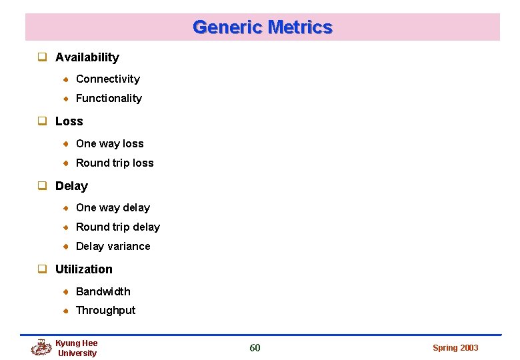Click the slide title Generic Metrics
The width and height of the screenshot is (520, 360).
coord(262,27)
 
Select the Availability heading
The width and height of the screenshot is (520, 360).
coord(87,57)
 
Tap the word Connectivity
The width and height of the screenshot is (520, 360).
coord(107,79)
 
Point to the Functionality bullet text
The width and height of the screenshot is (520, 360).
coord(109,98)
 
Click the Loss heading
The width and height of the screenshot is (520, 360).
coord(69,121)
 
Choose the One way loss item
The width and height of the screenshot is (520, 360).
coord(109,143)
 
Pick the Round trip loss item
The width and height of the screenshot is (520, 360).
coord(115,163)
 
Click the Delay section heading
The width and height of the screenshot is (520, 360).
coord(71,186)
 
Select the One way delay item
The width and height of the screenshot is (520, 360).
coord(113,207)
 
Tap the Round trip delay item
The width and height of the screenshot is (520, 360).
coord(117,227)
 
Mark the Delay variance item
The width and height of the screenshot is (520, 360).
coord(113,246)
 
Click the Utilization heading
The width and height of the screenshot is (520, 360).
coord(83,269)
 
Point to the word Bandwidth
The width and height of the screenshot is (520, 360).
coord(103,291)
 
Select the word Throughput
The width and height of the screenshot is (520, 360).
coord(105,310)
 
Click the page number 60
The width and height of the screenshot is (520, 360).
coord(255,347)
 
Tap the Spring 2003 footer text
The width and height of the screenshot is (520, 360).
coord(455,348)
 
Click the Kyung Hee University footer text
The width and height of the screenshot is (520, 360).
coord(77,348)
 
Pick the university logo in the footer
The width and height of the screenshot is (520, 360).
coord(41,347)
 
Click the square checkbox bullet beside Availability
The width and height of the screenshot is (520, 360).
coord(41,57)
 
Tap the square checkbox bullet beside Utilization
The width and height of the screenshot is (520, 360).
coord(41,269)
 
